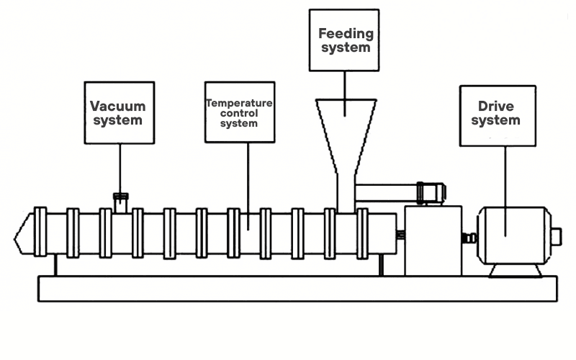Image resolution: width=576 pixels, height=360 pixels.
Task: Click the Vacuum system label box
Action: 120,112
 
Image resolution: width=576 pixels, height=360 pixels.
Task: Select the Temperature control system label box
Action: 239,112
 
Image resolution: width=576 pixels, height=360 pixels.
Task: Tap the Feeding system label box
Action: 344,40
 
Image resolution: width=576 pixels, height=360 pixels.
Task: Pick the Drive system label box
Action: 498,115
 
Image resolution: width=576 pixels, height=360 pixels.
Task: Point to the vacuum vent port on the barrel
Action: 120,202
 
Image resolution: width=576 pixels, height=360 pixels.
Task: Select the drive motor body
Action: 513,234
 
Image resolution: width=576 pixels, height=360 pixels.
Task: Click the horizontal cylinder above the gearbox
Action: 392,192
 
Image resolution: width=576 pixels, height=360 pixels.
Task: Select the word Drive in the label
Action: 496,107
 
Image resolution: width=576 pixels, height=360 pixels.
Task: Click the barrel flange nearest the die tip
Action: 40,233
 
